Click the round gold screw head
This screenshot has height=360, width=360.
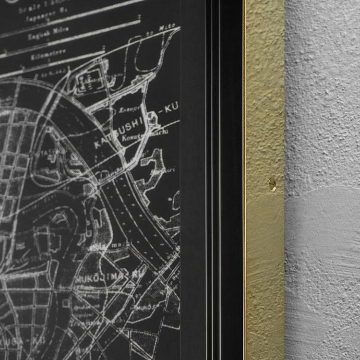[272, 184]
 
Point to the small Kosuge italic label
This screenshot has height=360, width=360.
[126, 109]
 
